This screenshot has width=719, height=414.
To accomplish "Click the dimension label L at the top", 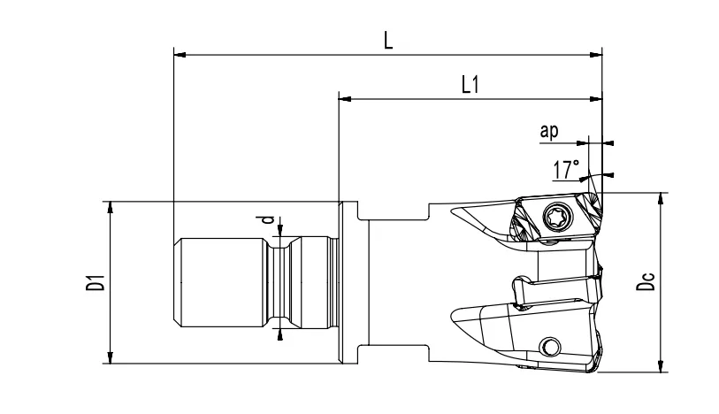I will (x=388, y=42).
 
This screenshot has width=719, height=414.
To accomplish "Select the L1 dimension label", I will (x=470, y=85).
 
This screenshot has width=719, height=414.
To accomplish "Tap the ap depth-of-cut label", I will (x=549, y=132).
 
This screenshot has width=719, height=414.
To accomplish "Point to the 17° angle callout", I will (x=567, y=167).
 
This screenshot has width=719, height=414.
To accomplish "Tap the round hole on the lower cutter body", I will (x=553, y=345).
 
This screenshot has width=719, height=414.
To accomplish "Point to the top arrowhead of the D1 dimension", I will (x=110, y=207).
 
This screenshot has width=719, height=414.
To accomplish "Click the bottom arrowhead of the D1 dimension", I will (x=110, y=357).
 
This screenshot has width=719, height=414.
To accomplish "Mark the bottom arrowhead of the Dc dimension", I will (x=660, y=366).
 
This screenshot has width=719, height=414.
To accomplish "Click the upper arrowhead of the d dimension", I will (x=281, y=233).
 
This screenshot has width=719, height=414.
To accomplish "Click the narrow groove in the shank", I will (x=281, y=281).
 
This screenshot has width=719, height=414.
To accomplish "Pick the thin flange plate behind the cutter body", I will (x=341, y=281).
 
